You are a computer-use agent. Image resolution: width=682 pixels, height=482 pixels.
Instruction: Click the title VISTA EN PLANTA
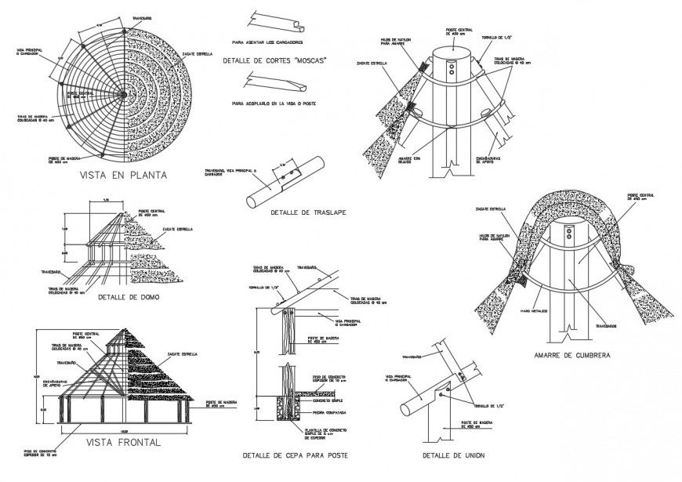pyautogui.click(x=123, y=176)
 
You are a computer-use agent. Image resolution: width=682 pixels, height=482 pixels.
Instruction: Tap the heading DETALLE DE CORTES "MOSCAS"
pyautogui.click(x=274, y=60)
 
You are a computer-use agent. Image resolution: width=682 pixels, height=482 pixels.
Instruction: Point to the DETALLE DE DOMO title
pyautogui.click(x=130, y=297)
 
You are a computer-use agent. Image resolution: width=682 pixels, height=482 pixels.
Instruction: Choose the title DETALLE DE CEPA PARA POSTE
pyautogui.click(x=294, y=455)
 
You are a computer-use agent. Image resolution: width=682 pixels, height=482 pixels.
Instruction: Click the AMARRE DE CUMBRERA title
pyautogui.click(x=572, y=354)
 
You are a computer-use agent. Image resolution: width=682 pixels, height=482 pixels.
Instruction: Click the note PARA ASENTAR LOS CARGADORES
pyautogui.click(x=267, y=42)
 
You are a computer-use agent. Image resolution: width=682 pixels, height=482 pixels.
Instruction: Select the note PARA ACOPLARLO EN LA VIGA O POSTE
pyautogui.click(x=274, y=103)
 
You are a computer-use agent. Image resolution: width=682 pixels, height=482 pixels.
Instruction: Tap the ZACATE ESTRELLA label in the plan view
pyautogui.click(x=198, y=54)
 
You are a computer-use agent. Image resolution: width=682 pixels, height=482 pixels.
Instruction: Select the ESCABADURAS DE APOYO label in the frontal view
pyautogui.click(x=51, y=384)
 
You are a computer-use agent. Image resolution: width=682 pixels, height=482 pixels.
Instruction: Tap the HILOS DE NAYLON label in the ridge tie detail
pyautogui.click(x=495, y=237)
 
